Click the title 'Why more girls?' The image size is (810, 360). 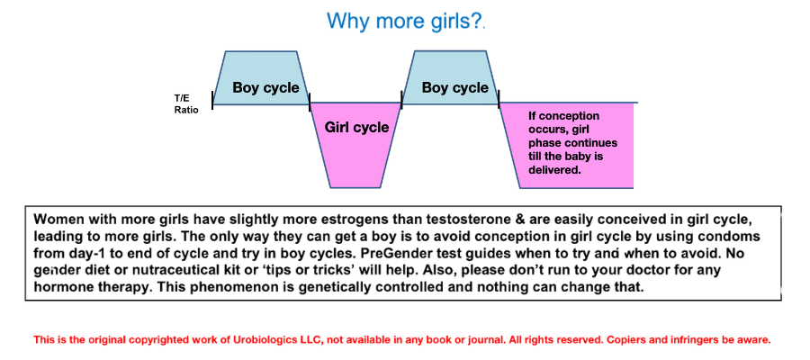(405, 21)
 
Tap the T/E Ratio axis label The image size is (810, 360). (186, 103)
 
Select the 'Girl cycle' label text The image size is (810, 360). (356, 127)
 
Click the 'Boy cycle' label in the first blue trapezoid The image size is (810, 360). (265, 87)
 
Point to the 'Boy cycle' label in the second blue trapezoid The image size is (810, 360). (455, 87)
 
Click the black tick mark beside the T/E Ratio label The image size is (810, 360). (212, 100)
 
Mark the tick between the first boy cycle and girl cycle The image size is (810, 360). (310, 101)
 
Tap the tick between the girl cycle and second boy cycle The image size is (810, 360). (401, 98)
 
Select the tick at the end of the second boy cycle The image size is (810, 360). (499, 100)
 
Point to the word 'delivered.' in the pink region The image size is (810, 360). (553, 169)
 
